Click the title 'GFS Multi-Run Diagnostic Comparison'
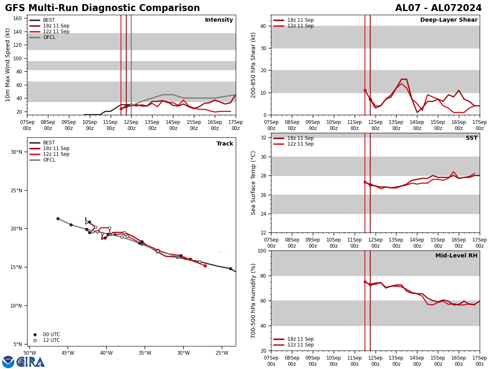pyautogui.click(x=102, y=8)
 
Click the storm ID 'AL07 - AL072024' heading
pyautogui.click(x=438, y=8)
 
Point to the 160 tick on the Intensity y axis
pyautogui.click(x=18, y=18)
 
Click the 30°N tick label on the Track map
pyautogui.click(x=16, y=152)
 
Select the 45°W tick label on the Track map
pyautogui.click(x=68, y=353)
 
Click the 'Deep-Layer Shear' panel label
pyautogui.click(x=449, y=20)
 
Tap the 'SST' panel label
pyautogui.click(x=471, y=138)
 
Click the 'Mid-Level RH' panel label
pyautogui.click(x=456, y=256)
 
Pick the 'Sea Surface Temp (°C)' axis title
pyautogui.click(x=253, y=183)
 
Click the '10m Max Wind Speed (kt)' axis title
pyautogui.click(x=8, y=65)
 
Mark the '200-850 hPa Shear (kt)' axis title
pyautogui.click(x=253, y=65)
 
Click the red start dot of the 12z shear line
pyautogui.click(x=365, y=90)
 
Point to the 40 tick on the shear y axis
pyautogui.click(x=263, y=26)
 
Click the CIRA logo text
pyautogui.click(x=31, y=362)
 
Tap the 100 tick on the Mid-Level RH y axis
pyautogui.click(x=261, y=251)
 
